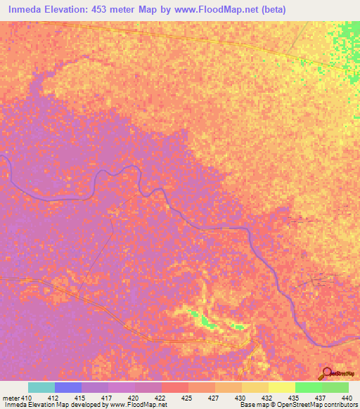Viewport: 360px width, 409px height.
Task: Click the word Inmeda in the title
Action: (27, 9)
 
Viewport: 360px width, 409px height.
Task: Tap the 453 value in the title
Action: (115, 9)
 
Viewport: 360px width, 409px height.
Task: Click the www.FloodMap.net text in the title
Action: (224, 9)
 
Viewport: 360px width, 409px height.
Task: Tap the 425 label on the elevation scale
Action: (186, 398)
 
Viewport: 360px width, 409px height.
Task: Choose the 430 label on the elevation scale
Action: (240, 398)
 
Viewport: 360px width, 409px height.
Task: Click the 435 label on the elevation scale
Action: (293, 398)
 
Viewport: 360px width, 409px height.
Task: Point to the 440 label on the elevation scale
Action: (347, 398)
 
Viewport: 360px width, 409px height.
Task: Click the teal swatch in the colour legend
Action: (41, 387)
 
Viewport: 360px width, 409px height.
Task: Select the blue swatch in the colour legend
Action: (67, 387)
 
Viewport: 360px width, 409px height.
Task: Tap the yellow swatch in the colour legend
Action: (281, 387)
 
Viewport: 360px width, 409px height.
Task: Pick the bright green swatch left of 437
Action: (308, 387)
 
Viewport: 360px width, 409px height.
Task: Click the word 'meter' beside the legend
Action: (11, 398)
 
